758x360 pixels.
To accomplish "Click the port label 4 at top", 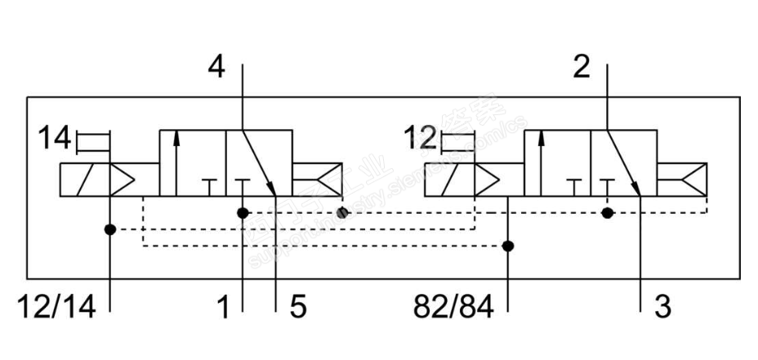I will point(216,67).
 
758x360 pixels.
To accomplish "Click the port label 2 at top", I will point(581,67).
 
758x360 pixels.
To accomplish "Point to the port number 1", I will point(222,307).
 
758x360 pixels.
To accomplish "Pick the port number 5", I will point(297,307).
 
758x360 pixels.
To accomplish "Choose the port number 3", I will point(662,307).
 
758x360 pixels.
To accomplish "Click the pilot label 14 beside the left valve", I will point(55,140).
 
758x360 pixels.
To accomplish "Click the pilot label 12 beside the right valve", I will point(420,140).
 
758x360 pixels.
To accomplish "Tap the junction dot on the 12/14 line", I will point(109,229).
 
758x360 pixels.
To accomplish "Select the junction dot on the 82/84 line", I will point(508,245).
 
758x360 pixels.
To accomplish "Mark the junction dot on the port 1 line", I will point(243,213).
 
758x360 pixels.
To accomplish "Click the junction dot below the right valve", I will point(607,213).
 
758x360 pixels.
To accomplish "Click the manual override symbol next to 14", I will point(92,143).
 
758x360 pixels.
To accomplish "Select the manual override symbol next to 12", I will point(457,143).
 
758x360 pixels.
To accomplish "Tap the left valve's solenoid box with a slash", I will point(85,180).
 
